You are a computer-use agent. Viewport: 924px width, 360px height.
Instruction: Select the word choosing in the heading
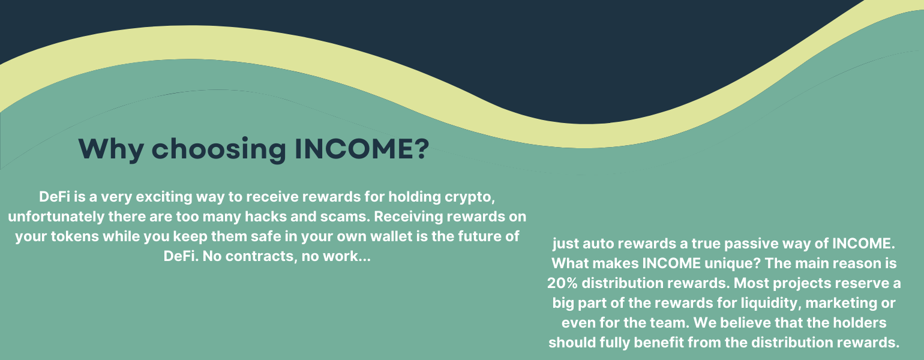coord(218,149)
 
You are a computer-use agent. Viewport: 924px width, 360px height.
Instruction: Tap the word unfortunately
coord(56,217)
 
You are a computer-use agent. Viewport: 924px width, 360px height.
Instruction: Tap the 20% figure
coord(562,283)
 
